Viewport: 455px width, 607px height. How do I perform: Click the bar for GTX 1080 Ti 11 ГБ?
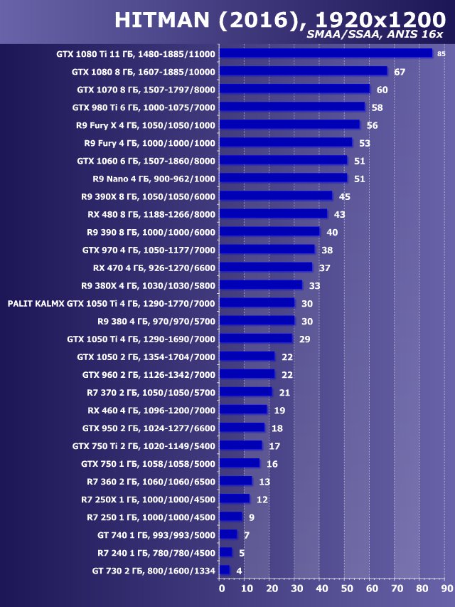[326, 53]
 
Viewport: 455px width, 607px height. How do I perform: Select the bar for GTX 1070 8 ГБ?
[294, 89]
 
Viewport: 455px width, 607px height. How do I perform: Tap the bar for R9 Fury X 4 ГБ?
[289, 125]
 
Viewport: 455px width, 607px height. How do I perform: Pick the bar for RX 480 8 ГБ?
[273, 213]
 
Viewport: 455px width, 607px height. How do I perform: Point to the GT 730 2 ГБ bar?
[225, 570]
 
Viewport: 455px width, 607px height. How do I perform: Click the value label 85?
[441, 54]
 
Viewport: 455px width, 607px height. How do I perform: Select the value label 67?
[399, 72]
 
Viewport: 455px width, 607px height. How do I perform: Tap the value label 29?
[304, 339]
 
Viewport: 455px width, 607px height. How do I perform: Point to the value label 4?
[239, 570]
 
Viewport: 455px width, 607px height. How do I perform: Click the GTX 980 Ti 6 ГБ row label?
[144, 107]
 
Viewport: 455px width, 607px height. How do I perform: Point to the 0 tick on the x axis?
[221, 589]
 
